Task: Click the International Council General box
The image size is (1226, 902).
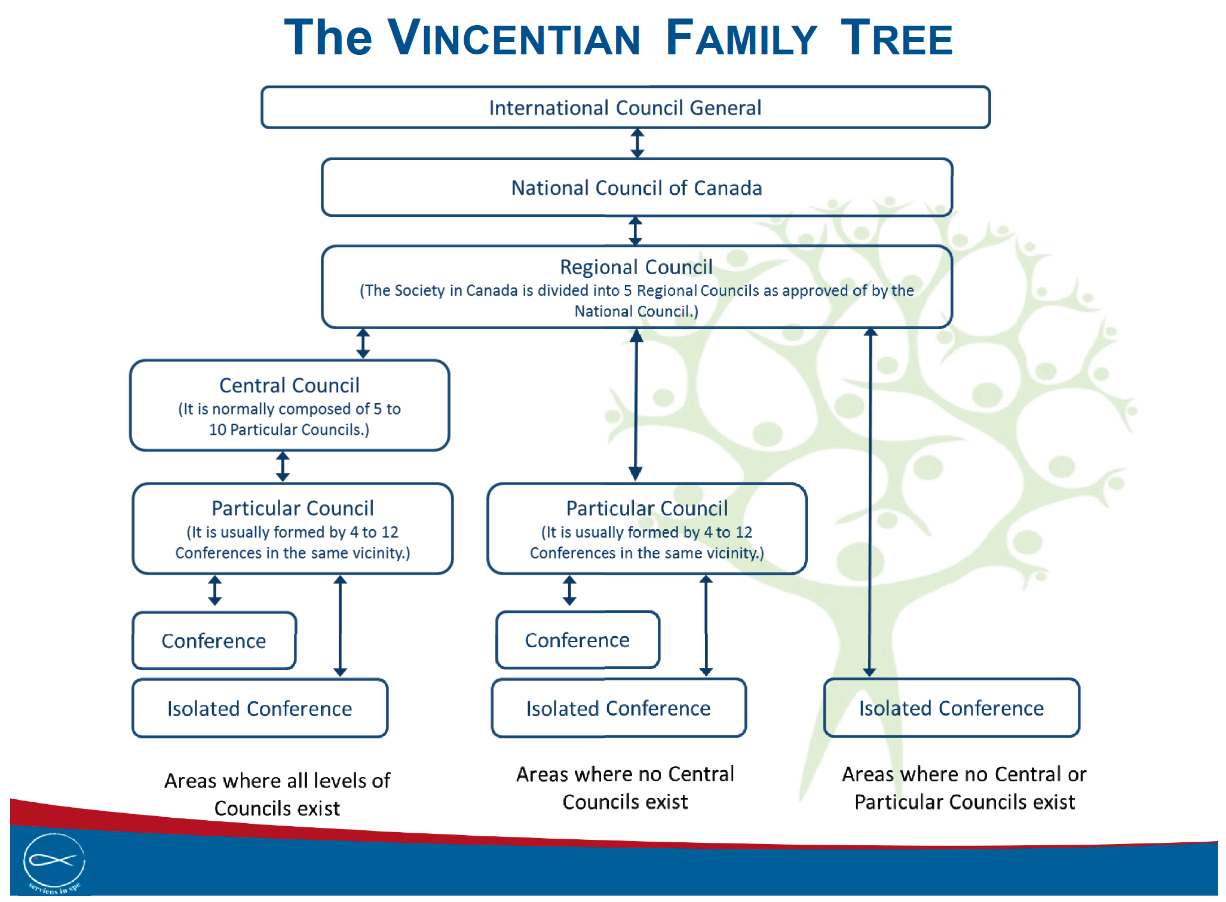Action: [626, 108]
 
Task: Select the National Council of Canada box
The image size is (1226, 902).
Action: [636, 188]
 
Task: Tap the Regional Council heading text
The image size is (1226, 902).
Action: [636, 267]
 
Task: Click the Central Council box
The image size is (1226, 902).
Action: [289, 406]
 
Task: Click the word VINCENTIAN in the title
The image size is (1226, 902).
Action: [514, 39]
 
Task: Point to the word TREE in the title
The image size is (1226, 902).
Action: [896, 39]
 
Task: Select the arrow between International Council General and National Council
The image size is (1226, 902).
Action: [637, 143]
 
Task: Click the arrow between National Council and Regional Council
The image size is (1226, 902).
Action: [636, 231]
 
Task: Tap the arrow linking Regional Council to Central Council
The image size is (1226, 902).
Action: [363, 343]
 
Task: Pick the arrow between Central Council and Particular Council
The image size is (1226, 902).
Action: [283, 467]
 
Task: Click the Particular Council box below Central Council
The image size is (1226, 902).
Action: [292, 529]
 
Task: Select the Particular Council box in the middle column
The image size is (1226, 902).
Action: [647, 529]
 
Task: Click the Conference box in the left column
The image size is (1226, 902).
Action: [214, 641]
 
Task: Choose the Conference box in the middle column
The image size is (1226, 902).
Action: [577, 640]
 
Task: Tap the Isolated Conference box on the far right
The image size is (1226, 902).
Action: [951, 708]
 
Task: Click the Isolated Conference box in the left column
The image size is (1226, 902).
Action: [259, 708]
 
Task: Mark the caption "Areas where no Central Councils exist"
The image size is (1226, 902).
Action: [625, 788]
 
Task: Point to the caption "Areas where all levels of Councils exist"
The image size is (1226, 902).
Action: [277, 794]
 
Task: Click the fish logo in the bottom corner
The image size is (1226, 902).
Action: [54, 861]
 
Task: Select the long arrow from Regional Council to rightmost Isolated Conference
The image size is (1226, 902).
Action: [870, 502]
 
